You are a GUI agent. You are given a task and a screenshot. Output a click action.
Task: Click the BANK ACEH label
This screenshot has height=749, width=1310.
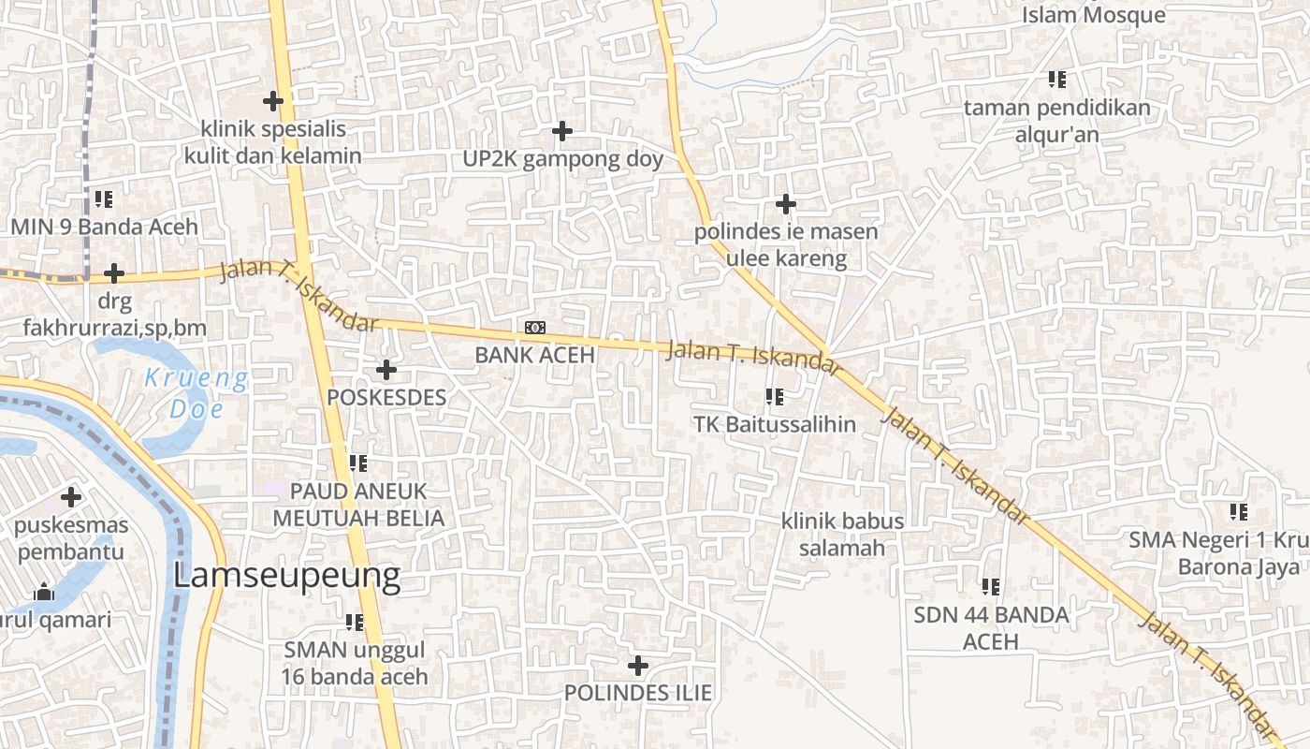pyautogui.click(x=534, y=355)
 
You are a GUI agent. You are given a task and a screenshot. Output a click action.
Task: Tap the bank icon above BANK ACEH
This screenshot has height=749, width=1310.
pyautogui.click(x=535, y=327)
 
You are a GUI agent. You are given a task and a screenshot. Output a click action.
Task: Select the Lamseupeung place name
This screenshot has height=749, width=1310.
pyautogui.click(x=286, y=576)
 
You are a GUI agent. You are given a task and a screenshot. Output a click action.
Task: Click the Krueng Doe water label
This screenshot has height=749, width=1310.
pyautogui.click(x=196, y=393)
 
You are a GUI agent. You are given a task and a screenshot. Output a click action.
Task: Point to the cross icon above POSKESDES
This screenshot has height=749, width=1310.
pyautogui.click(x=386, y=370)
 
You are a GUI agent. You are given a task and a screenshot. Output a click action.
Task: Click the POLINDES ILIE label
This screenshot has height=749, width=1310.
pyautogui.click(x=637, y=693)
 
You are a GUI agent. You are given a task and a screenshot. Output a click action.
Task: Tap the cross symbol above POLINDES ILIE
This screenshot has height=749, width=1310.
pyautogui.click(x=637, y=666)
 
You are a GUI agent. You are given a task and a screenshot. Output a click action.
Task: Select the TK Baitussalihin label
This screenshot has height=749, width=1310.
pyautogui.click(x=774, y=424)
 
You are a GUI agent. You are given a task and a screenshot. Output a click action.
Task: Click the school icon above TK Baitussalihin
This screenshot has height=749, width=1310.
pyautogui.click(x=774, y=397)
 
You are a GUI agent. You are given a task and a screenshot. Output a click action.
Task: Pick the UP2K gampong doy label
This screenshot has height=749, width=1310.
pyautogui.click(x=562, y=159)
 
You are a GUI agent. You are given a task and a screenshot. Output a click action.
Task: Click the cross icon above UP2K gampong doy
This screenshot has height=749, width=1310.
pyautogui.click(x=561, y=131)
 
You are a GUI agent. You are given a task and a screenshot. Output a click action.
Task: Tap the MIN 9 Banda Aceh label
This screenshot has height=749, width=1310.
pyautogui.click(x=104, y=227)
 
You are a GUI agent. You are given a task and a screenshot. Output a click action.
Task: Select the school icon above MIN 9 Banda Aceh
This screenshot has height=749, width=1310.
pyautogui.click(x=103, y=199)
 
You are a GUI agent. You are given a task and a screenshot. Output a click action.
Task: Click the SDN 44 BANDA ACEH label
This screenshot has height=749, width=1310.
pyautogui.click(x=991, y=628)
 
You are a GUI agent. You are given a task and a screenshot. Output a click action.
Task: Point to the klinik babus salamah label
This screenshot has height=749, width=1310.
pyautogui.click(x=842, y=534)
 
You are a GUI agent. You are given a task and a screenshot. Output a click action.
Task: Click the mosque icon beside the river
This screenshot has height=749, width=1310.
pyautogui.click(x=43, y=593)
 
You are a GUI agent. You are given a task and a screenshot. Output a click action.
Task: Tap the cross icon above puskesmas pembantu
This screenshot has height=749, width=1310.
pyautogui.click(x=71, y=497)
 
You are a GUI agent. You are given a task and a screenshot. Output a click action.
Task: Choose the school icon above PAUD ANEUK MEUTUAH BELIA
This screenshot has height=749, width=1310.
pyautogui.click(x=357, y=463)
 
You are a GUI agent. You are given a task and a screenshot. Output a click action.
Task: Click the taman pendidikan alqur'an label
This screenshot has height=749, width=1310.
pyautogui.click(x=1057, y=121)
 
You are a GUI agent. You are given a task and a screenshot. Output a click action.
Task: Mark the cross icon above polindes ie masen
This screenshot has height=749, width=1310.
pyautogui.click(x=786, y=203)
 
